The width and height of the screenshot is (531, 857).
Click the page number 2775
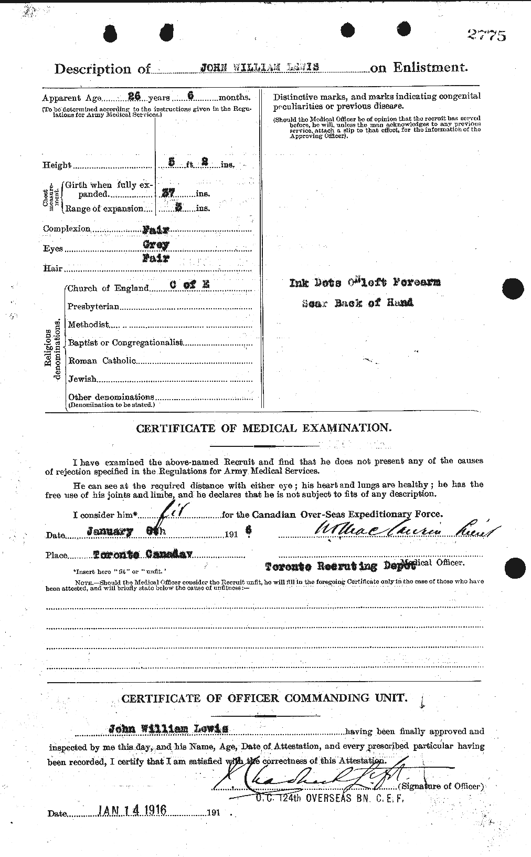tap(486, 36)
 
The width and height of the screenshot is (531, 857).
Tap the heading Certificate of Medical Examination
tap(263, 428)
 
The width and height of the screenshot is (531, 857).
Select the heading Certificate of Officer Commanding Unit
tap(264, 698)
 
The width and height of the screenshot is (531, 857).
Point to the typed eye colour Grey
tap(156, 245)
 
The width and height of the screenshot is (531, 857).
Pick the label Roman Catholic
tap(102, 361)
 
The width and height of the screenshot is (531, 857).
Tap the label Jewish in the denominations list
tap(82, 379)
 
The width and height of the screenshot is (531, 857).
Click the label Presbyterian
tap(93, 306)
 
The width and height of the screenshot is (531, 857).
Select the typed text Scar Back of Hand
tap(357, 303)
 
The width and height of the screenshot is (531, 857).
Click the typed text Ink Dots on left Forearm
tap(365, 283)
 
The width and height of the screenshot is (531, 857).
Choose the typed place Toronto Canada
tap(143, 554)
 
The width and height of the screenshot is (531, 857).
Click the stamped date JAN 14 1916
tap(132, 810)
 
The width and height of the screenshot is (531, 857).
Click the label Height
tap(57, 165)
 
